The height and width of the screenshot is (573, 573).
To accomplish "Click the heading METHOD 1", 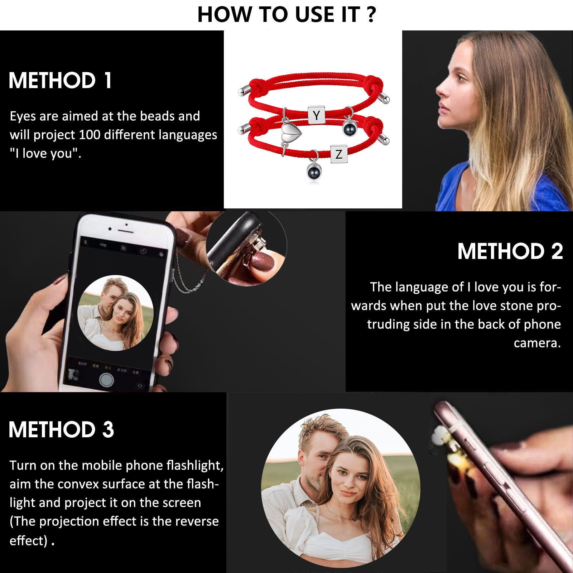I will click(x=60, y=80).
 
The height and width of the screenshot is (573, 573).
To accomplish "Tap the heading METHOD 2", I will click(x=510, y=251).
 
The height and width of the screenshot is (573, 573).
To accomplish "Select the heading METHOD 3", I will click(x=61, y=429).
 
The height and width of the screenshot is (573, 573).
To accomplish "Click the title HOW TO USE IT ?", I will click(x=286, y=15).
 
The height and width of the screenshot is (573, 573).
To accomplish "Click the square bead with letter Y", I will click(x=316, y=115).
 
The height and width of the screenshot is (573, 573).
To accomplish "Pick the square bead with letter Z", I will click(x=339, y=154).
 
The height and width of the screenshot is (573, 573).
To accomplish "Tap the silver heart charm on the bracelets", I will click(x=290, y=133).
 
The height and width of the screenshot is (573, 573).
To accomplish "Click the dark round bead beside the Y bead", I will click(x=350, y=128).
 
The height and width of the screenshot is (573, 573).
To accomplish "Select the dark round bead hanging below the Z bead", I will click(x=314, y=172).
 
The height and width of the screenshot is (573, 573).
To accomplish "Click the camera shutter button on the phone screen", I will click(x=106, y=380).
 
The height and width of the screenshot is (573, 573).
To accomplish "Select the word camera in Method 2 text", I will click(x=537, y=343).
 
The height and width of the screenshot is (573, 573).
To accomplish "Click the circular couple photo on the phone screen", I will click(x=115, y=313).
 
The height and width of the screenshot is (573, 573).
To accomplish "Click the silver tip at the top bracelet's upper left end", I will click(x=242, y=92).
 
